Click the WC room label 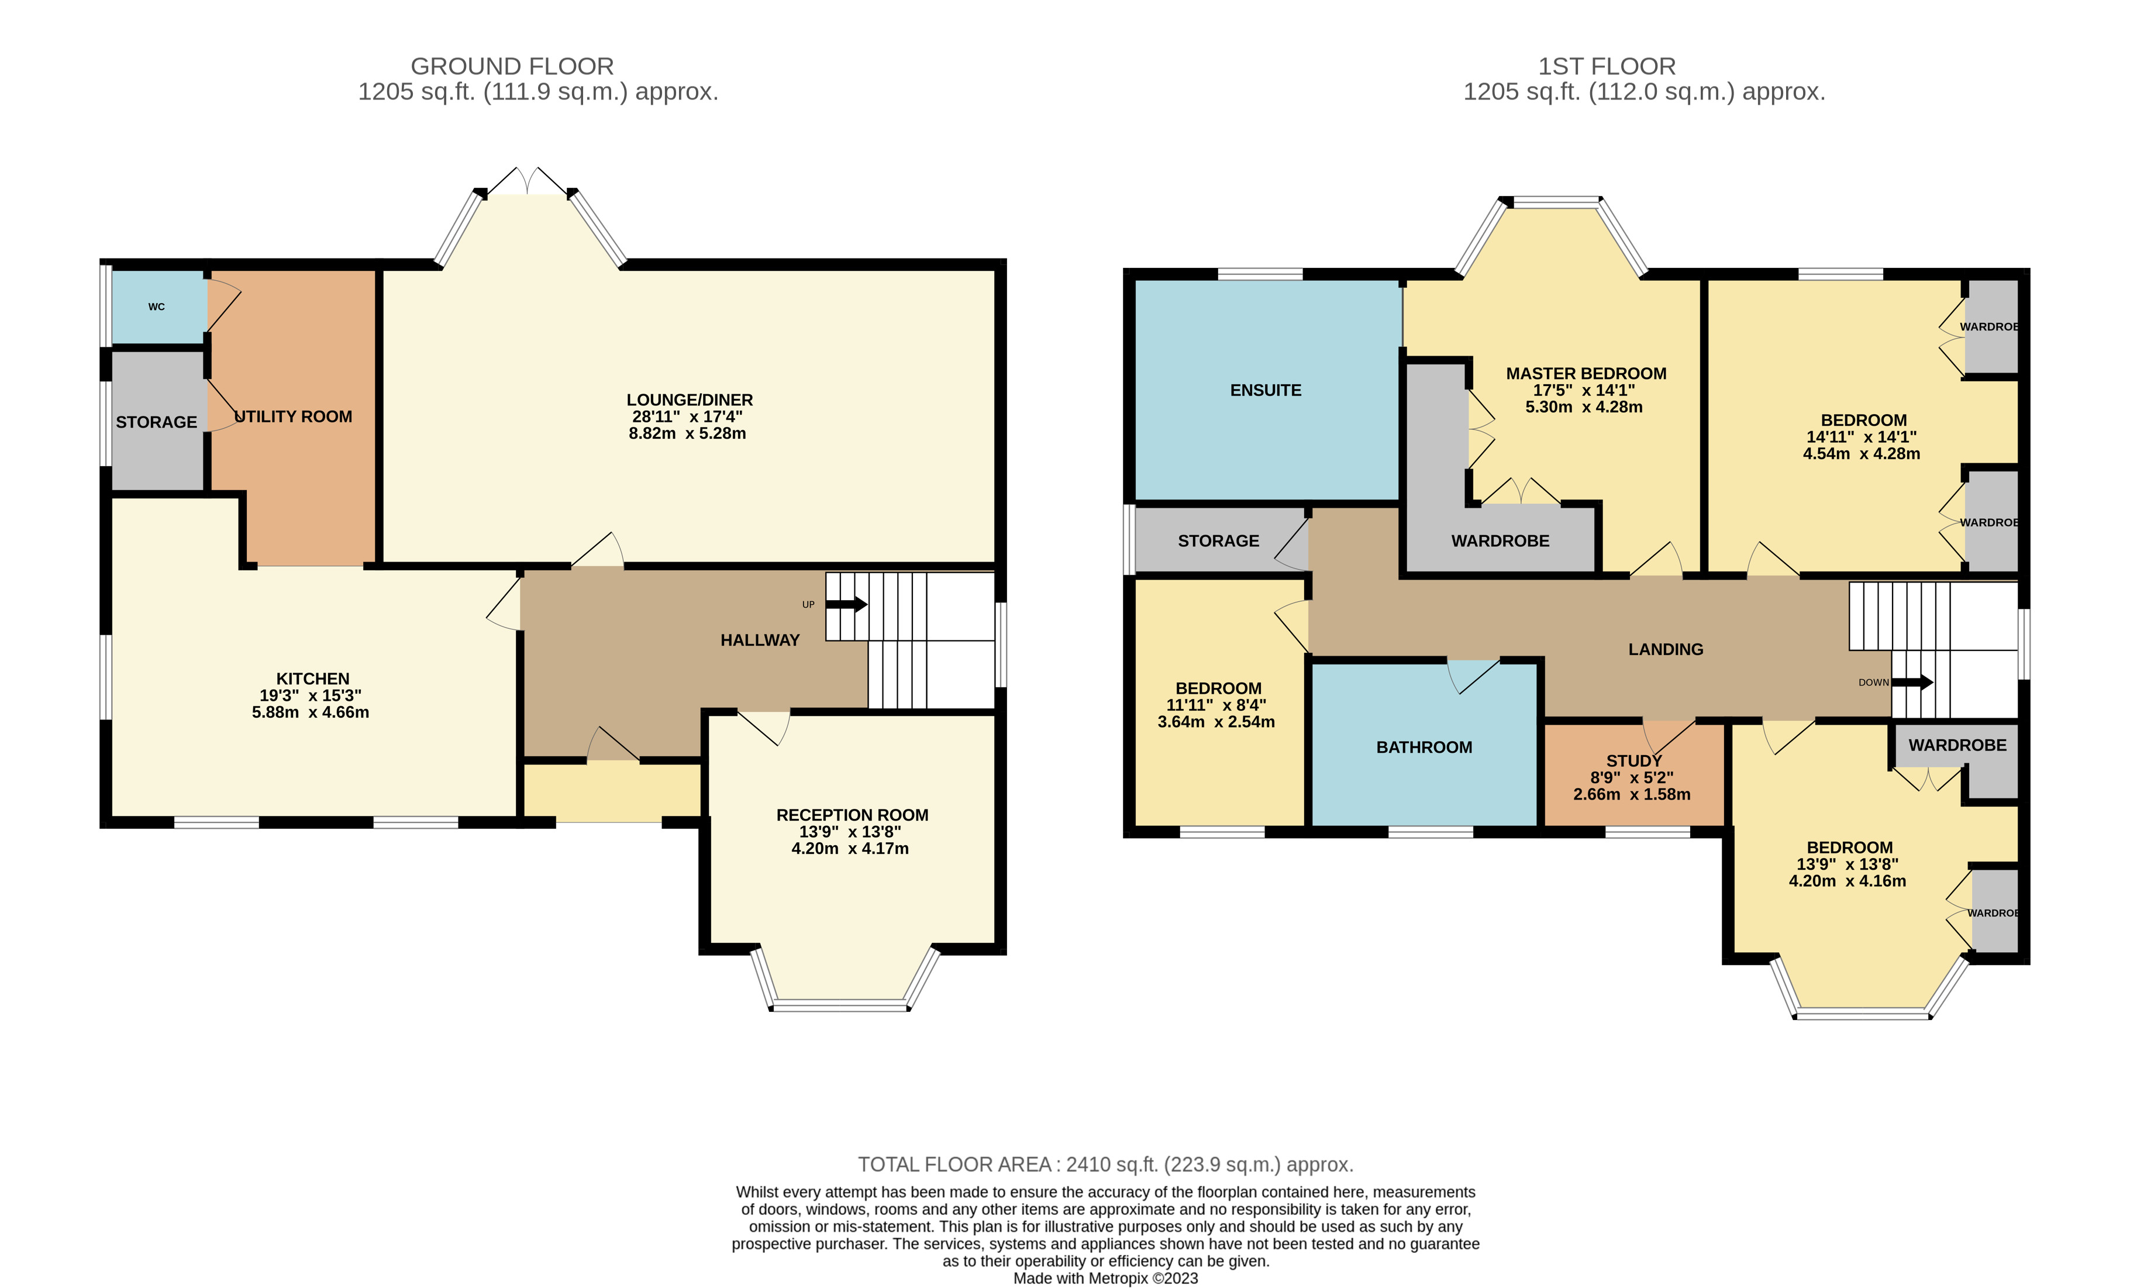pos(157,307)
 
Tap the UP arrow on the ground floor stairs pos(847,604)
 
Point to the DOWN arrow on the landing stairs pos(1912,682)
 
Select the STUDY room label pos(1634,761)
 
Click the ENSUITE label pos(1266,390)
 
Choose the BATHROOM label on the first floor pos(1424,747)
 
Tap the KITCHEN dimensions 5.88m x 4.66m pos(311,712)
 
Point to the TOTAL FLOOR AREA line pos(1105,1165)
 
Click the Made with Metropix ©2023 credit pos(1105,1277)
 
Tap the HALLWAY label pos(760,640)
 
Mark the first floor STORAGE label pos(1218,540)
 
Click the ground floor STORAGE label pos(157,422)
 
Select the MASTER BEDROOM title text pos(1586,373)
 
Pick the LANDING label pos(1665,649)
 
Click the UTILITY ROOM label pos(294,416)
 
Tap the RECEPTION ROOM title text pos(852,815)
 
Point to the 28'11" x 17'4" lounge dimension pos(687,416)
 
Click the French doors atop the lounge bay pos(528,181)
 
